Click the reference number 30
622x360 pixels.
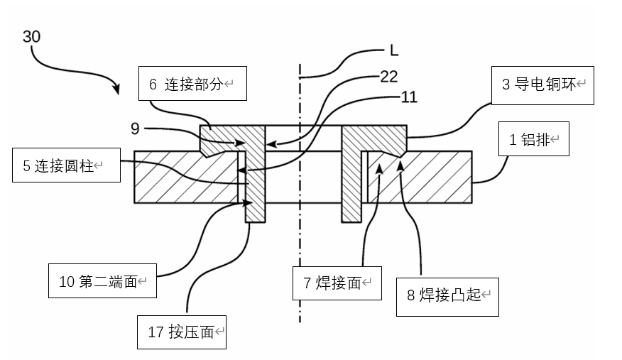[31, 36]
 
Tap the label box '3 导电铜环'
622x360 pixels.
[542, 84]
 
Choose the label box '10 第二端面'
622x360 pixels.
[102, 282]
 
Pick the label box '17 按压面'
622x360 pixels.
[182, 332]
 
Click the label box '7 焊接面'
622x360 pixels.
[337, 283]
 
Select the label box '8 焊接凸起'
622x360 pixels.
[448, 295]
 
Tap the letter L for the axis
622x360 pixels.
[393, 50]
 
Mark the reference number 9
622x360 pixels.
[134, 129]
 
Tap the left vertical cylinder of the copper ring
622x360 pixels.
[255, 178]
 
